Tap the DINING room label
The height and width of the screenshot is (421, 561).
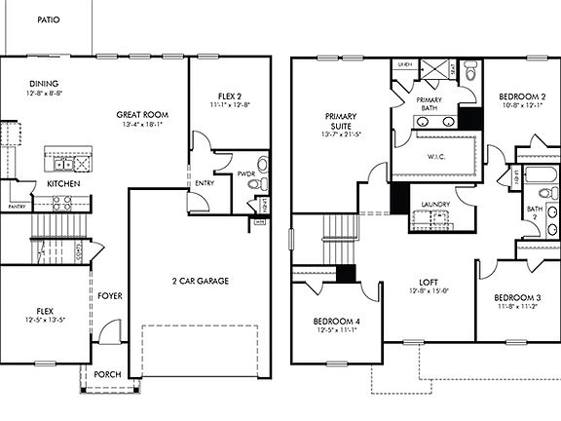[x=44, y=85]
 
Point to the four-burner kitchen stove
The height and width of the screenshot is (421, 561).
[x=61, y=203]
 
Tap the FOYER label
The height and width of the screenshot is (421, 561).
[x=110, y=296]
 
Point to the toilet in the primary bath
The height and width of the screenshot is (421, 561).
[x=469, y=71]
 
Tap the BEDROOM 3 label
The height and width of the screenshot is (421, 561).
[x=516, y=297]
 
